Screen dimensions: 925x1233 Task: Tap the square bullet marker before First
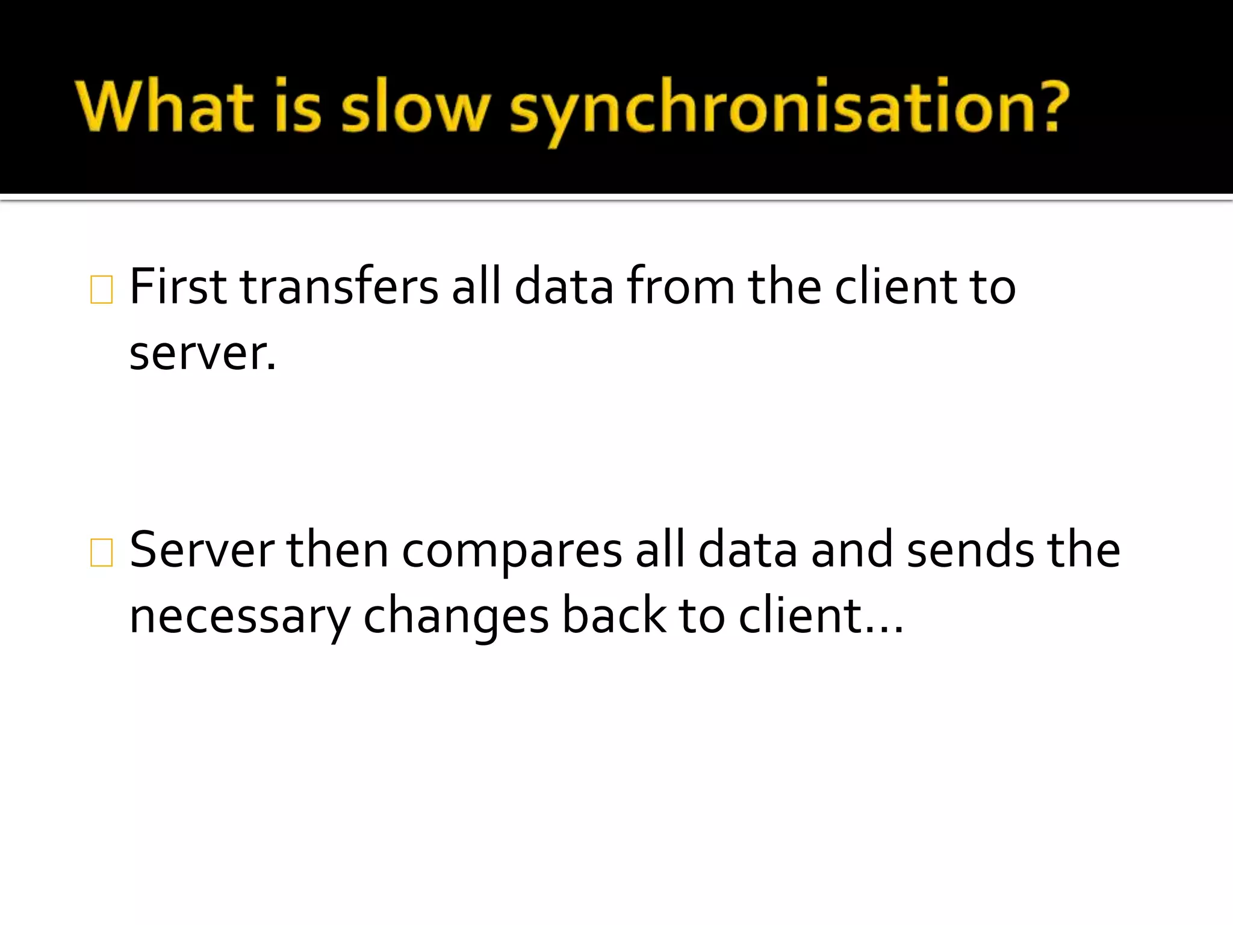(101, 290)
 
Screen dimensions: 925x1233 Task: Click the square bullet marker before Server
(101, 552)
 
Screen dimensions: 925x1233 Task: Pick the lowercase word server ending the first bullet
(202, 353)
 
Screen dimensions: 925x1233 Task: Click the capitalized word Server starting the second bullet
(202, 549)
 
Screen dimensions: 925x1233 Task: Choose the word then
(337, 549)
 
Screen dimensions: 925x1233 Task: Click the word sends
(971, 549)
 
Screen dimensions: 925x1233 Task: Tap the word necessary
(240, 617)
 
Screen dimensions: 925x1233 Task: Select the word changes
(456, 617)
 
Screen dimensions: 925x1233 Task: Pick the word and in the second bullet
(852, 549)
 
